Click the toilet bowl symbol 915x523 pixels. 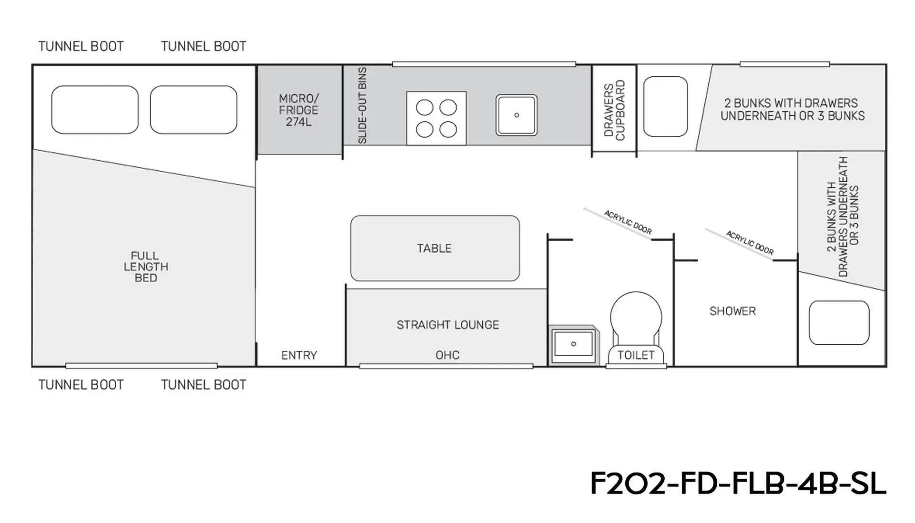coord(636,329)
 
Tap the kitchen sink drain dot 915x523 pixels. coord(517,115)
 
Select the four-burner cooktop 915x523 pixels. coord(436,118)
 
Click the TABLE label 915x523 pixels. coord(434,248)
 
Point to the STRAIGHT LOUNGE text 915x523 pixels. coord(447,325)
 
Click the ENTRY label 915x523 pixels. coord(299,355)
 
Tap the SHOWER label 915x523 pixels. coord(732,311)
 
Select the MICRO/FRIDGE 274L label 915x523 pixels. coord(298,110)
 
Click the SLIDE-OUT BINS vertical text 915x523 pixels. coord(362,105)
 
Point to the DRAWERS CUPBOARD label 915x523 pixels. coord(614,110)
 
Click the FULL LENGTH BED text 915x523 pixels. coord(146,267)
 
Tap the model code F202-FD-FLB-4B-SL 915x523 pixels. coord(738,483)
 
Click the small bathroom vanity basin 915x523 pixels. coord(573,344)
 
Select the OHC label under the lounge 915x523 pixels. coord(447,355)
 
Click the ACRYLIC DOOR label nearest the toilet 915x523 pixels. coord(628,222)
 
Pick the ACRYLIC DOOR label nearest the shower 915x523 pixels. coord(750,243)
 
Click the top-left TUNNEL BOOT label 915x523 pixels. coord(81,46)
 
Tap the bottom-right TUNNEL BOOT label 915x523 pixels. coord(203,385)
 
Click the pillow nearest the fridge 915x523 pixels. coord(193,110)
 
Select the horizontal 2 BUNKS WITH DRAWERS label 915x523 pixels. coord(793,109)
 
